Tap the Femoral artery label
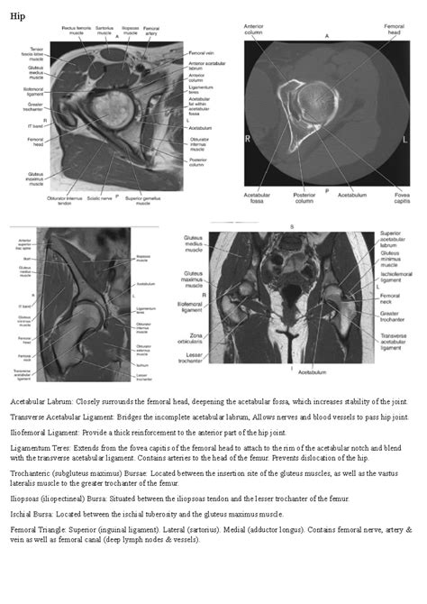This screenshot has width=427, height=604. click(x=168, y=32)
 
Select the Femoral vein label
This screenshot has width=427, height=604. click(x=201, y=53)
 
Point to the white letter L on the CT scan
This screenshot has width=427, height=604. click(x=404, y=140)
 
